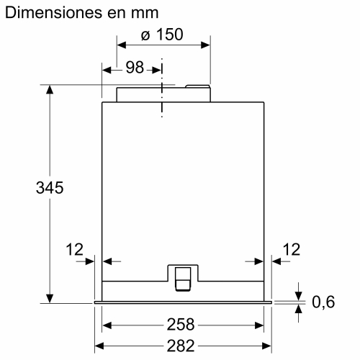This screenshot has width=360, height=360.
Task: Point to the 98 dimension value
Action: pyautogui.click(x=135, y=68)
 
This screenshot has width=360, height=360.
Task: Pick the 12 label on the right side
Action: pyautogui.click(x=291, y=249)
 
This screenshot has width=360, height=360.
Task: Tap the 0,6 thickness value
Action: pyautogui.click(x=324, y=302)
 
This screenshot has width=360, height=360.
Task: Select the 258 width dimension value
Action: pyautogui.click(x=184, y=325)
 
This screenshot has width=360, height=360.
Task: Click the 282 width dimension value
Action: pyautogui.click(x=184, y=346)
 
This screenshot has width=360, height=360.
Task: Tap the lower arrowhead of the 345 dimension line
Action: pyautogui.click(x=50, y=297)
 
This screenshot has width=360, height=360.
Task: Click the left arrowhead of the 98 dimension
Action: pyautogui.click(x=107, y=71)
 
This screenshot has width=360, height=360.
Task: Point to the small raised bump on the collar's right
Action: pyautogui.click(x=197, y=87)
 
